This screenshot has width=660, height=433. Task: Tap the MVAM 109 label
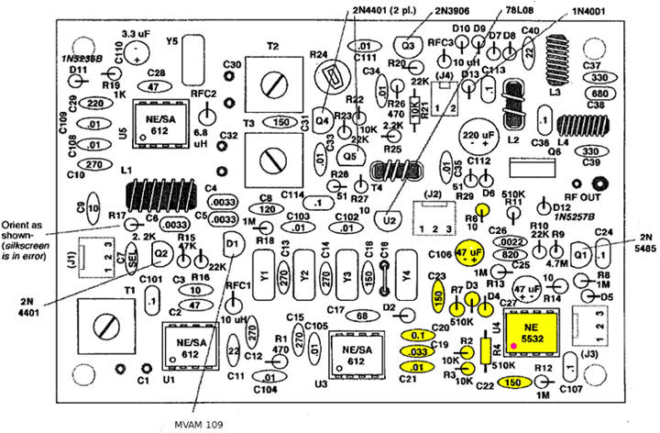pyautogui.click(x=197, y=424)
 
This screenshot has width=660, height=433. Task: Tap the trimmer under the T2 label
pyautogui.click(x=272, y=83)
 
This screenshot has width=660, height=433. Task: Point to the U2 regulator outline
pyautogui.click(x=391, y=219)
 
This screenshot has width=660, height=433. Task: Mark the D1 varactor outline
pyautogui.click(x=233, y=244)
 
